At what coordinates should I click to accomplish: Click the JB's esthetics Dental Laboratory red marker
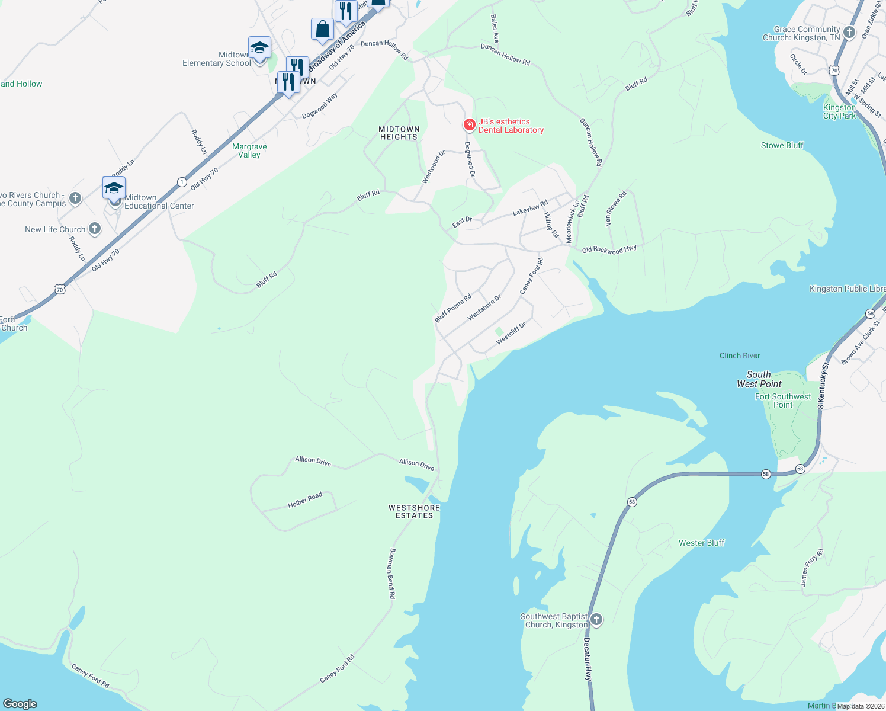pyautogui.click(x=469, y=124)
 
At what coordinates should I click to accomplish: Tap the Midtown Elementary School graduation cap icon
pyautogui.click(x=259, y=48)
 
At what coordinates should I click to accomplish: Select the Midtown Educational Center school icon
pyautogui.click(x=114, y=188)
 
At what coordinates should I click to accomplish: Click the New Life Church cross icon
pyautogui.click(x=94, y=229)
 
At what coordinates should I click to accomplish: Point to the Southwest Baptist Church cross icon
pyautogui.click(x=596, y=620)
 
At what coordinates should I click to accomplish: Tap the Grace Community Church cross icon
pyautogui.click(x=849, y=33)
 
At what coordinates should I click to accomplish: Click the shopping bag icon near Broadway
pyautogui.click(x=322, y=29)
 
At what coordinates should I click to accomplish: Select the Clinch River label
pyautogui.click(x=740, y=355)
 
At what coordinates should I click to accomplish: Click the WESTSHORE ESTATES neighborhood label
pyautogui.click(x=414, y=512)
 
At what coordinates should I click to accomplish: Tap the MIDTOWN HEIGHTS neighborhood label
pyautogui.click(x=399, y=133)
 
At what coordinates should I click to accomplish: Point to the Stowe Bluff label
pyautogui.click(x=782, y=145)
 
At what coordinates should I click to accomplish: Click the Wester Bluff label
pyautogui.click(x=701, y=543)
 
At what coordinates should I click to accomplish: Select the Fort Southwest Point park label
pyautogui.click(x=783, y=401)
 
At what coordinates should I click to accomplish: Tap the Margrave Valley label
pyautogui.click(x=249, y=150)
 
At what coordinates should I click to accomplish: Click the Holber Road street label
pyautogui.click(x=305, y=500)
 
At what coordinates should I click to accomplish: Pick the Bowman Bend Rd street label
pyautogui.click(x=391, y=573)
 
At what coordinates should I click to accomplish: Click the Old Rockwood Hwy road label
pyautogui.click(x=609, y=250)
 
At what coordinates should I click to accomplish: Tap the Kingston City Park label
pyautogui.click(x=839, y=111)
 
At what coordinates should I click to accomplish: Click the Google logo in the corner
pyautogui.click(x=20, y=703)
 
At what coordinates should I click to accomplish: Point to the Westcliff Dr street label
pyautogui.click(x=511, y=334)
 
